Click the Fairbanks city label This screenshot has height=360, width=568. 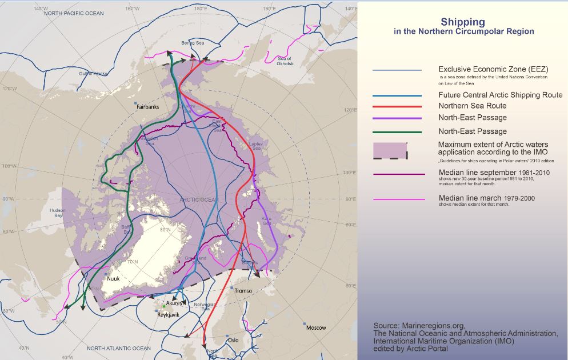click(147, 107)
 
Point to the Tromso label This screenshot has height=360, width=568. click(243, 291)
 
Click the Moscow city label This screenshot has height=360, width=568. click(316, 328)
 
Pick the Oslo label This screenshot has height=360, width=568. click(233, 339)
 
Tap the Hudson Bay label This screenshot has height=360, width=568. click(58, 213)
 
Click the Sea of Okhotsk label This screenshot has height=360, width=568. click(285, 61)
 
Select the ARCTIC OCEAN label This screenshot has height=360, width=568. click(198, 199)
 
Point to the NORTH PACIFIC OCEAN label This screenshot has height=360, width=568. click(74, 13)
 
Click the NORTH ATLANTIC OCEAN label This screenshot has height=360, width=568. click(119, 348)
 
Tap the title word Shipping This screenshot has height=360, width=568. click(463, 22)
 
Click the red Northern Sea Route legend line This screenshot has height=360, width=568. click(397, 106)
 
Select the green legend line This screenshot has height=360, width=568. click(397, 131)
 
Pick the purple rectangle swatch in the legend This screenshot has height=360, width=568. click(390, 150)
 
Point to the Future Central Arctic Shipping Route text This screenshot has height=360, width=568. click(500, 95)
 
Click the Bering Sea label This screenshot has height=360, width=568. click(192, 43)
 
